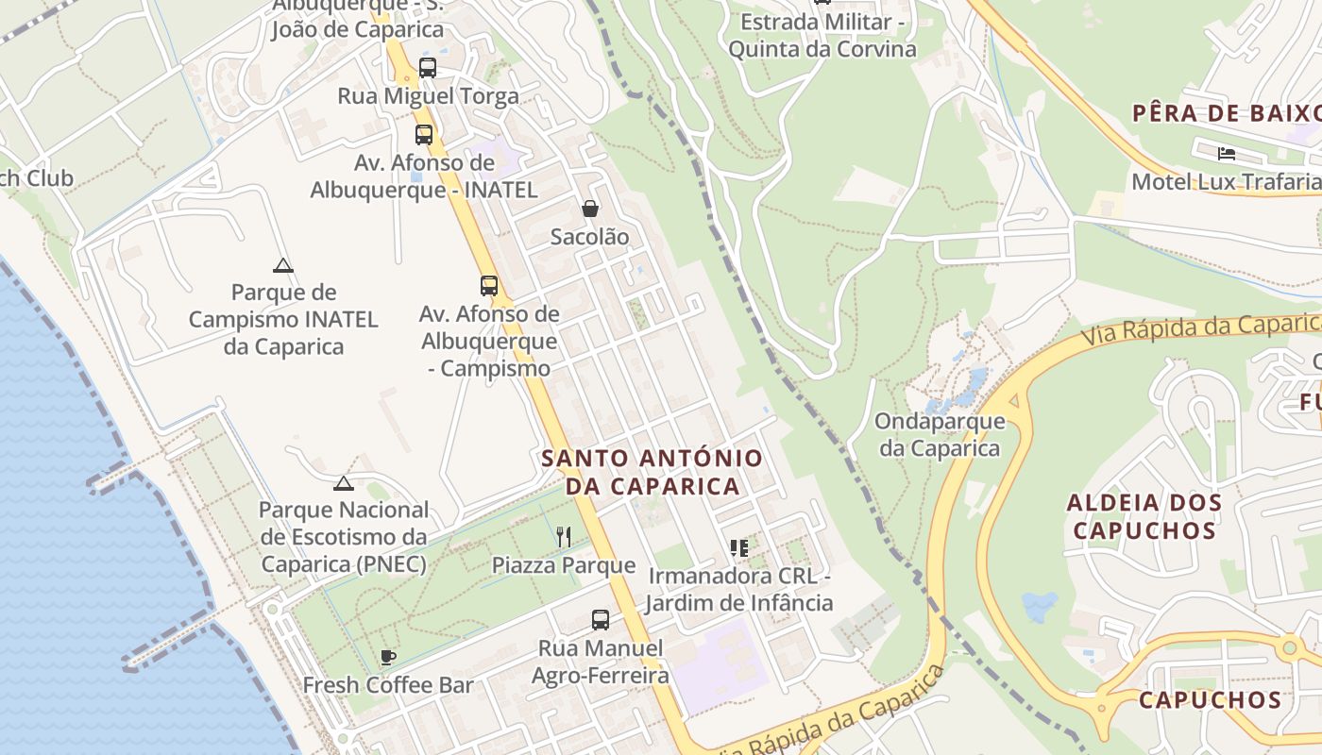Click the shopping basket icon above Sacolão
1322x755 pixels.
coord(590,209)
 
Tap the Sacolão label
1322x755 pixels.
coord(589,237)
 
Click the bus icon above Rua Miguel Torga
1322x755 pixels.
coord(428,68)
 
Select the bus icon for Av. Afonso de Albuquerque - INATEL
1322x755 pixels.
coord(424,135)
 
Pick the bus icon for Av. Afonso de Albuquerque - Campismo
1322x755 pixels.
coord(489,286)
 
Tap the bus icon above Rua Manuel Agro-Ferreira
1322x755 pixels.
coord(601,620)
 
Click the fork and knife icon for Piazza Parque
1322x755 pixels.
coord(564,537)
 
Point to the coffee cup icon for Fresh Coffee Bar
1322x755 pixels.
coord(387,657)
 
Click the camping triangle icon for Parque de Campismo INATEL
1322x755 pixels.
coord(282,265)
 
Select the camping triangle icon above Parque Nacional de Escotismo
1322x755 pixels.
coord(344,483)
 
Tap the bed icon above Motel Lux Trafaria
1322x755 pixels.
coord(1226,153)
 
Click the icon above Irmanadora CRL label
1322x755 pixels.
coord(739,548)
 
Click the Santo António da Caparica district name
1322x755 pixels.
coord(652,472)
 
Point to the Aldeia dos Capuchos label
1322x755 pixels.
coord(1144,516)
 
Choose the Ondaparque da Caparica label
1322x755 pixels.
coord(940,434)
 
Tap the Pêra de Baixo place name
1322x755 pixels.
coord(1226,113)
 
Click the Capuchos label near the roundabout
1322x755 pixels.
coord(1210,700)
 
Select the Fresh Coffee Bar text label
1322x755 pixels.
coord(387,685)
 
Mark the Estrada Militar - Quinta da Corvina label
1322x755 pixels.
coord(822,36)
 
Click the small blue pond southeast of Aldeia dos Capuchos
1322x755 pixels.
coord(1040,606)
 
